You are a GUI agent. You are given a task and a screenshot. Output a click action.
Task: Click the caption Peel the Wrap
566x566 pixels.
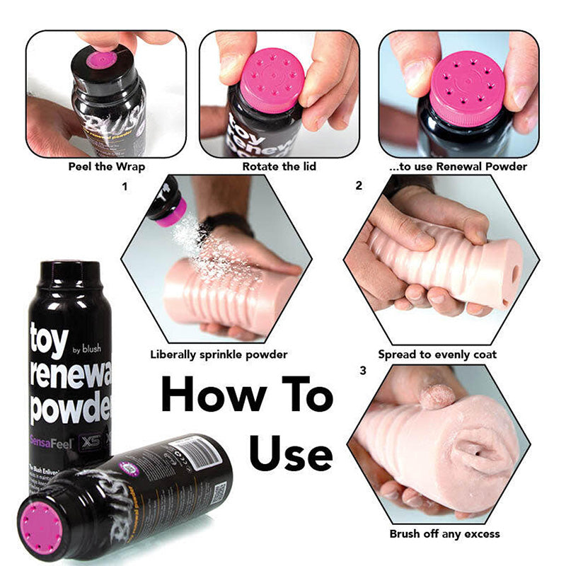[x=105, y=167]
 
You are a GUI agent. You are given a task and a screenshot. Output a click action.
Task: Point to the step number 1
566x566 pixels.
[x=125, y=187]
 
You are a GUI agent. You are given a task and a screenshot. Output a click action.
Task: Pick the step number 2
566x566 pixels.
[x=359, y=187]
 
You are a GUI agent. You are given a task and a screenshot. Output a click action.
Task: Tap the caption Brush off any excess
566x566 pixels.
[x=444, y=533]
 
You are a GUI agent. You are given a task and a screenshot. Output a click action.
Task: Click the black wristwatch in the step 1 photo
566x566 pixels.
[x=227, y=223]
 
